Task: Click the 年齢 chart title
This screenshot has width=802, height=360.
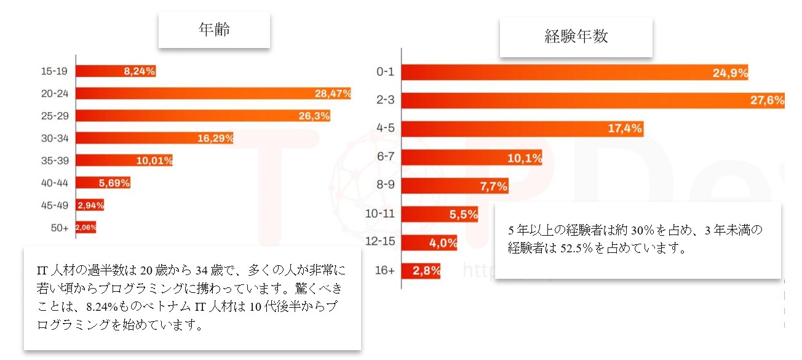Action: pyautogui.click(x=214, y=30)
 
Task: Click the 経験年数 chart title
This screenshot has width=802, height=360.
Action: pyautogui.click(x=576, y=36)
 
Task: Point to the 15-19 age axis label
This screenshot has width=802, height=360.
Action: pyautogui.click(x=54, y=71)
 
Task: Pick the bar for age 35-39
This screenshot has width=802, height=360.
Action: pyautogui.click(x=124, y=161)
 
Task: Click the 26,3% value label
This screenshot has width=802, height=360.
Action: pyautogui.click(x=314, y=116)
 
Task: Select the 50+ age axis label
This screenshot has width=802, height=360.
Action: pyautogui.click(x=59, y=228)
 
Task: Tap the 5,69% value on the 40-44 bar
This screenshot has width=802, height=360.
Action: pyautogui.click(x=114, y=183)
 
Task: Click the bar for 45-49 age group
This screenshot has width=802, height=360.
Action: pyautogui.click(x=90, y=205)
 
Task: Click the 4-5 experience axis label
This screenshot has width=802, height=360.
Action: pyautogui.click(x=384, y=129)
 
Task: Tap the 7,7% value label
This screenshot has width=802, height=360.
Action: pyautogui.click(x=493, y=185)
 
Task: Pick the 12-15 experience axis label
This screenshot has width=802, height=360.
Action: pyautogui.click(x=381, y=242)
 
